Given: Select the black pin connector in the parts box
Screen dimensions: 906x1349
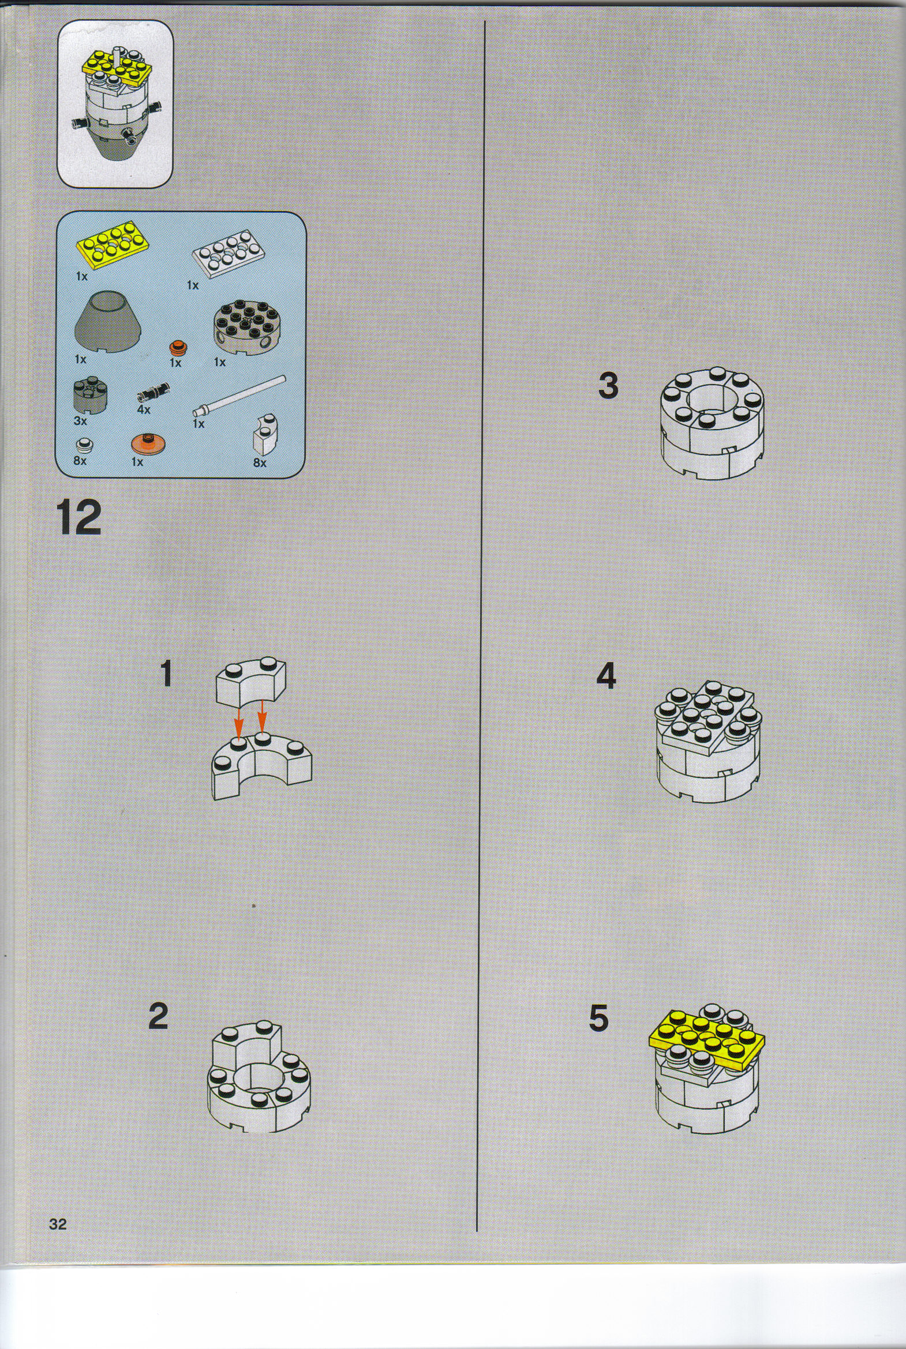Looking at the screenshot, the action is (153, 392).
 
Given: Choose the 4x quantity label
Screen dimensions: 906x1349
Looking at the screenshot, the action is (144, 409).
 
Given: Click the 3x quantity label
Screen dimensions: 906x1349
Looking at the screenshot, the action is (80, 421).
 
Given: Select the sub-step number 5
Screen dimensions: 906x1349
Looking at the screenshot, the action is (598, 1018).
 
